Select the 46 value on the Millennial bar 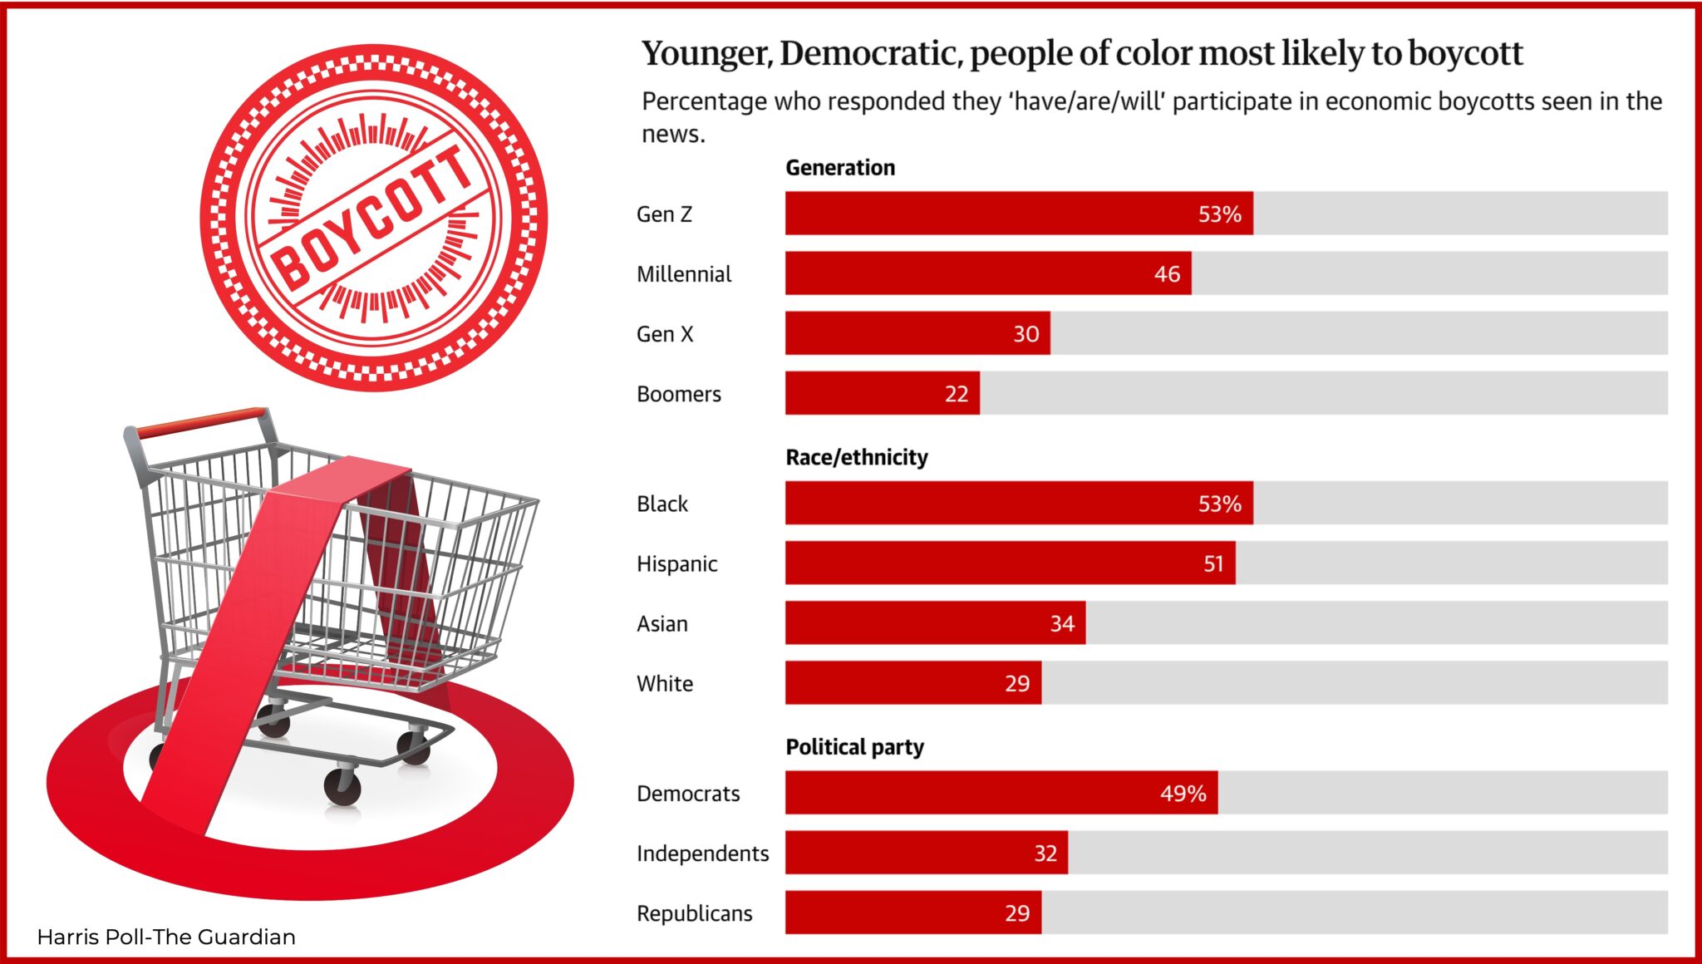[1167, 274]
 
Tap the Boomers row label [678, 394]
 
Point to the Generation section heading [840, 168]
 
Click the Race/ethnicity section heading [857, 457]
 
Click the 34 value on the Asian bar [1061, 624]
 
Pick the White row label [664, 684]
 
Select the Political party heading [854, 747]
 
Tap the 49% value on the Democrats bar [1183, 794]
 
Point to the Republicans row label [694, 914]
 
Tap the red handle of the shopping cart [202, 421]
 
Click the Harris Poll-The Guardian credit [166, 937]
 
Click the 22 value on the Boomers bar [956, 394]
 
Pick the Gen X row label [664, 334]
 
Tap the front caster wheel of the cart [342, 785]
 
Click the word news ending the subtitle [671, 135]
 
